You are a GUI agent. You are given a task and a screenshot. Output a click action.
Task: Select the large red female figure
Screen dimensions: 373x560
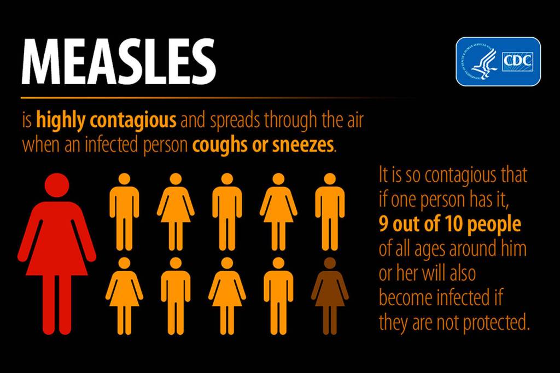click(56, 252)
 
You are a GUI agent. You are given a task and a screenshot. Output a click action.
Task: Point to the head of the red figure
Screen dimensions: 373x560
click(56, 186)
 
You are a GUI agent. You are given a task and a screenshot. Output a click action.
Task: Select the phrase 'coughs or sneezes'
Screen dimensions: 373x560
click(262, 145)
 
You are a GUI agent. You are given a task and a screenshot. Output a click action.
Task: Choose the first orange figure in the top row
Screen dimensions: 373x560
click(124, 211)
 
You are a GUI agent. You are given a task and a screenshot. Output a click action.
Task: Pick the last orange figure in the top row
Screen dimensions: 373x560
click(329, 211)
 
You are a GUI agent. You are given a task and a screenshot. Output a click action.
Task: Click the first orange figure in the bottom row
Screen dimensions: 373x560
click(124, 295)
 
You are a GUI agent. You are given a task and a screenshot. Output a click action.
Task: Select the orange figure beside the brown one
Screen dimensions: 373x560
click(278, 295)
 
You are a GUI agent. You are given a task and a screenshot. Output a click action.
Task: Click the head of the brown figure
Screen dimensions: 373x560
click(329, 263)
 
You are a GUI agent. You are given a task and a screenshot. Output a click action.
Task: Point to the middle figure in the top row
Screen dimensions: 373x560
click(226, 211)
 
